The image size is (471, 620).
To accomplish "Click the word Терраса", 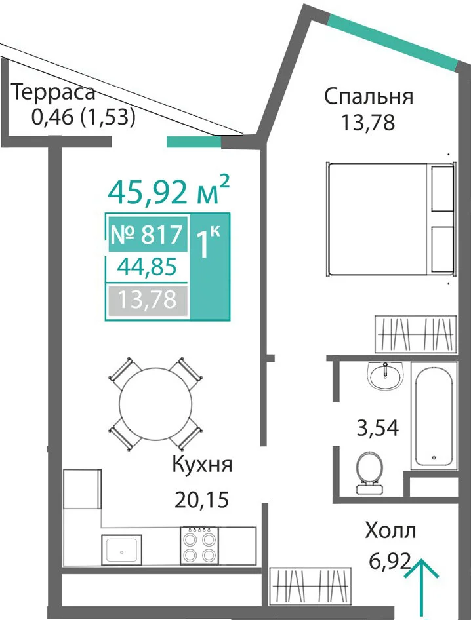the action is [54, 92].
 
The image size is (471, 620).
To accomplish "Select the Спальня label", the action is [369, 96].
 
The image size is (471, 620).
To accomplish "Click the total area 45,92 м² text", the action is [169, 191].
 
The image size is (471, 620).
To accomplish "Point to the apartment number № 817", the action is [147, 235].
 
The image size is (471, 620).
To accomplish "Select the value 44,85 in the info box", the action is [147, 267].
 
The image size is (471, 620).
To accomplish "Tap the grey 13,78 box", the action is [147, 300].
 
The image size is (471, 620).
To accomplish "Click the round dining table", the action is [156, 403].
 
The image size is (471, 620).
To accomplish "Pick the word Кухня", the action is [202, 465].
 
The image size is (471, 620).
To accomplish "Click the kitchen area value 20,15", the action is [201, 500].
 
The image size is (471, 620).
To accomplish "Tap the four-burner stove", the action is [199, 545].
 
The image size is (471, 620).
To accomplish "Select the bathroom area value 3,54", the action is [378, 427].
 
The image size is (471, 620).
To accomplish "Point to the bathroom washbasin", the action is [385, 376].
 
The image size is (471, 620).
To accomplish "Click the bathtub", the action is [434, 416].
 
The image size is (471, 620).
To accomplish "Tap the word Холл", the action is [390, 531].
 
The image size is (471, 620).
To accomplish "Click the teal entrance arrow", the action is [422, 588].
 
